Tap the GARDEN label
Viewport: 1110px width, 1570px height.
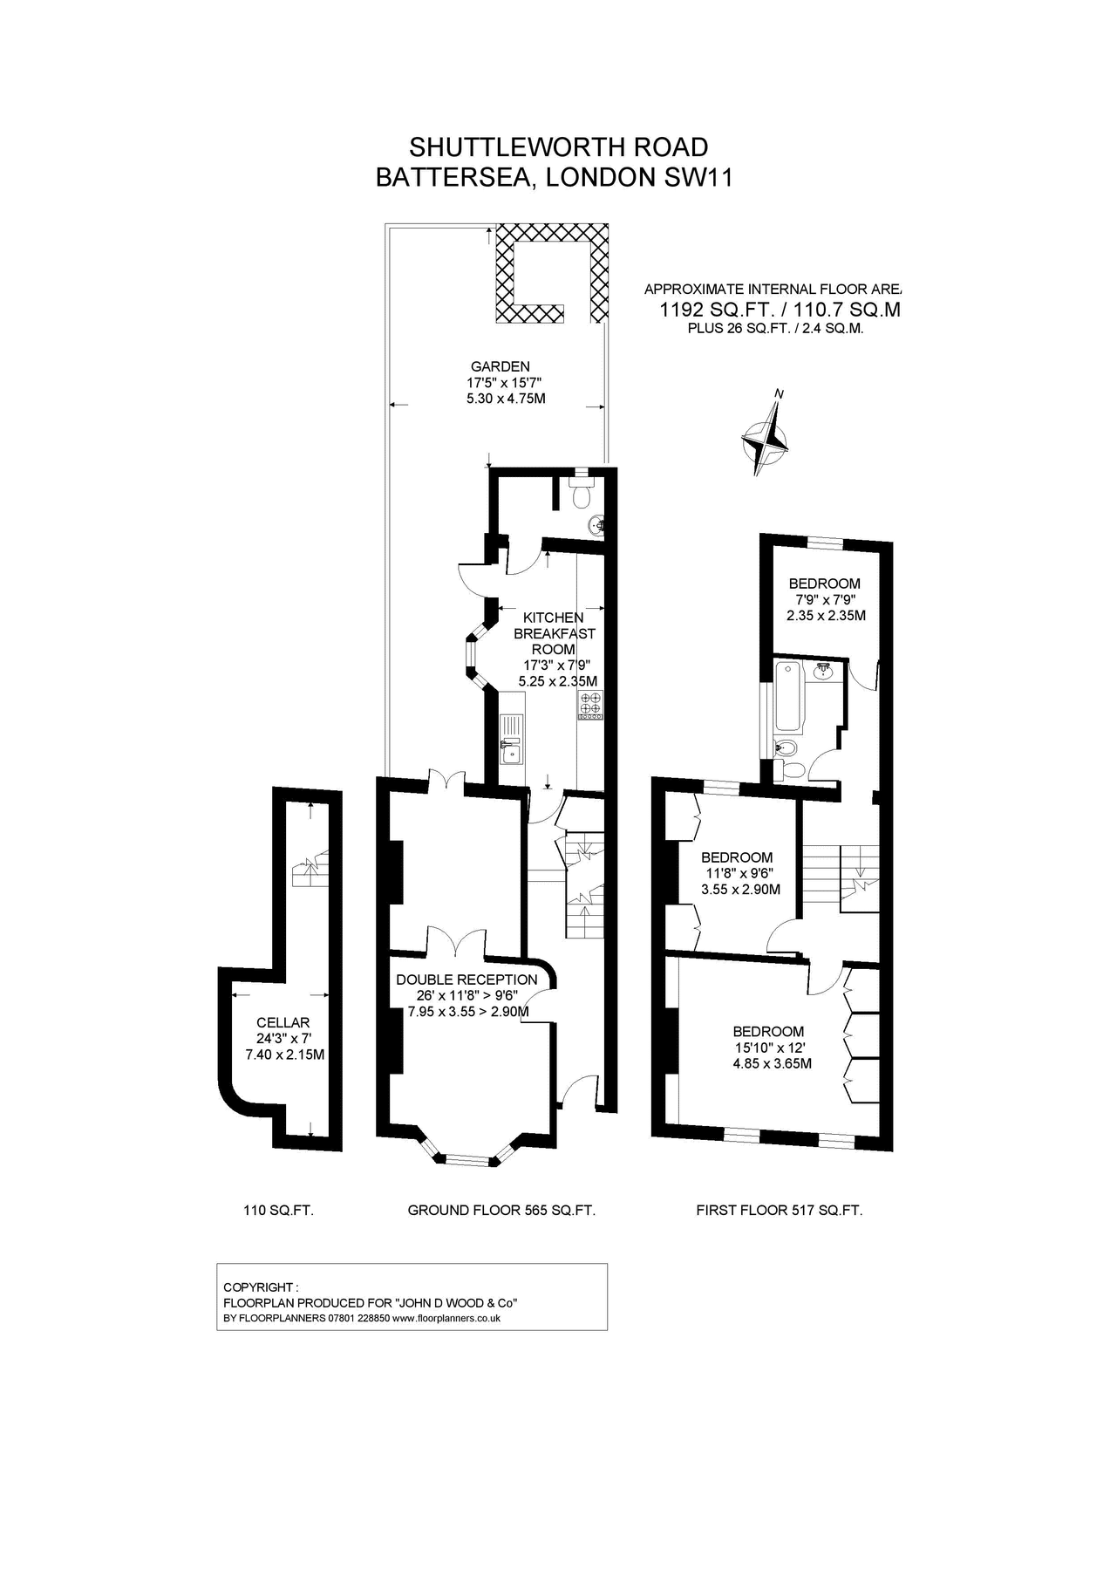[501, 367]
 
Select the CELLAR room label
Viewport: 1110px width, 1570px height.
[283, 1022]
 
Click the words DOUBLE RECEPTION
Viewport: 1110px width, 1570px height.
[467, 980]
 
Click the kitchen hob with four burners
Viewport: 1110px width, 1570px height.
[590, 705]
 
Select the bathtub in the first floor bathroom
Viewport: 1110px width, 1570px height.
[787, 696]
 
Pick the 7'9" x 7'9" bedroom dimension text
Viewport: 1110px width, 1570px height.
[824, 599]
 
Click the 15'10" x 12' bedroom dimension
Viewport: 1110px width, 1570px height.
[769, 1048]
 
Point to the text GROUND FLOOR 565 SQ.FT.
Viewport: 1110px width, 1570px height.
[501, 1211]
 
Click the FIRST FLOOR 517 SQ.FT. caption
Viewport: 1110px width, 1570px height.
[780, 1211]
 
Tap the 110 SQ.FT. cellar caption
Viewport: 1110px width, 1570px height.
[278, 1211]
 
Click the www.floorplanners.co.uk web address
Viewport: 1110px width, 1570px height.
[446, 1318]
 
